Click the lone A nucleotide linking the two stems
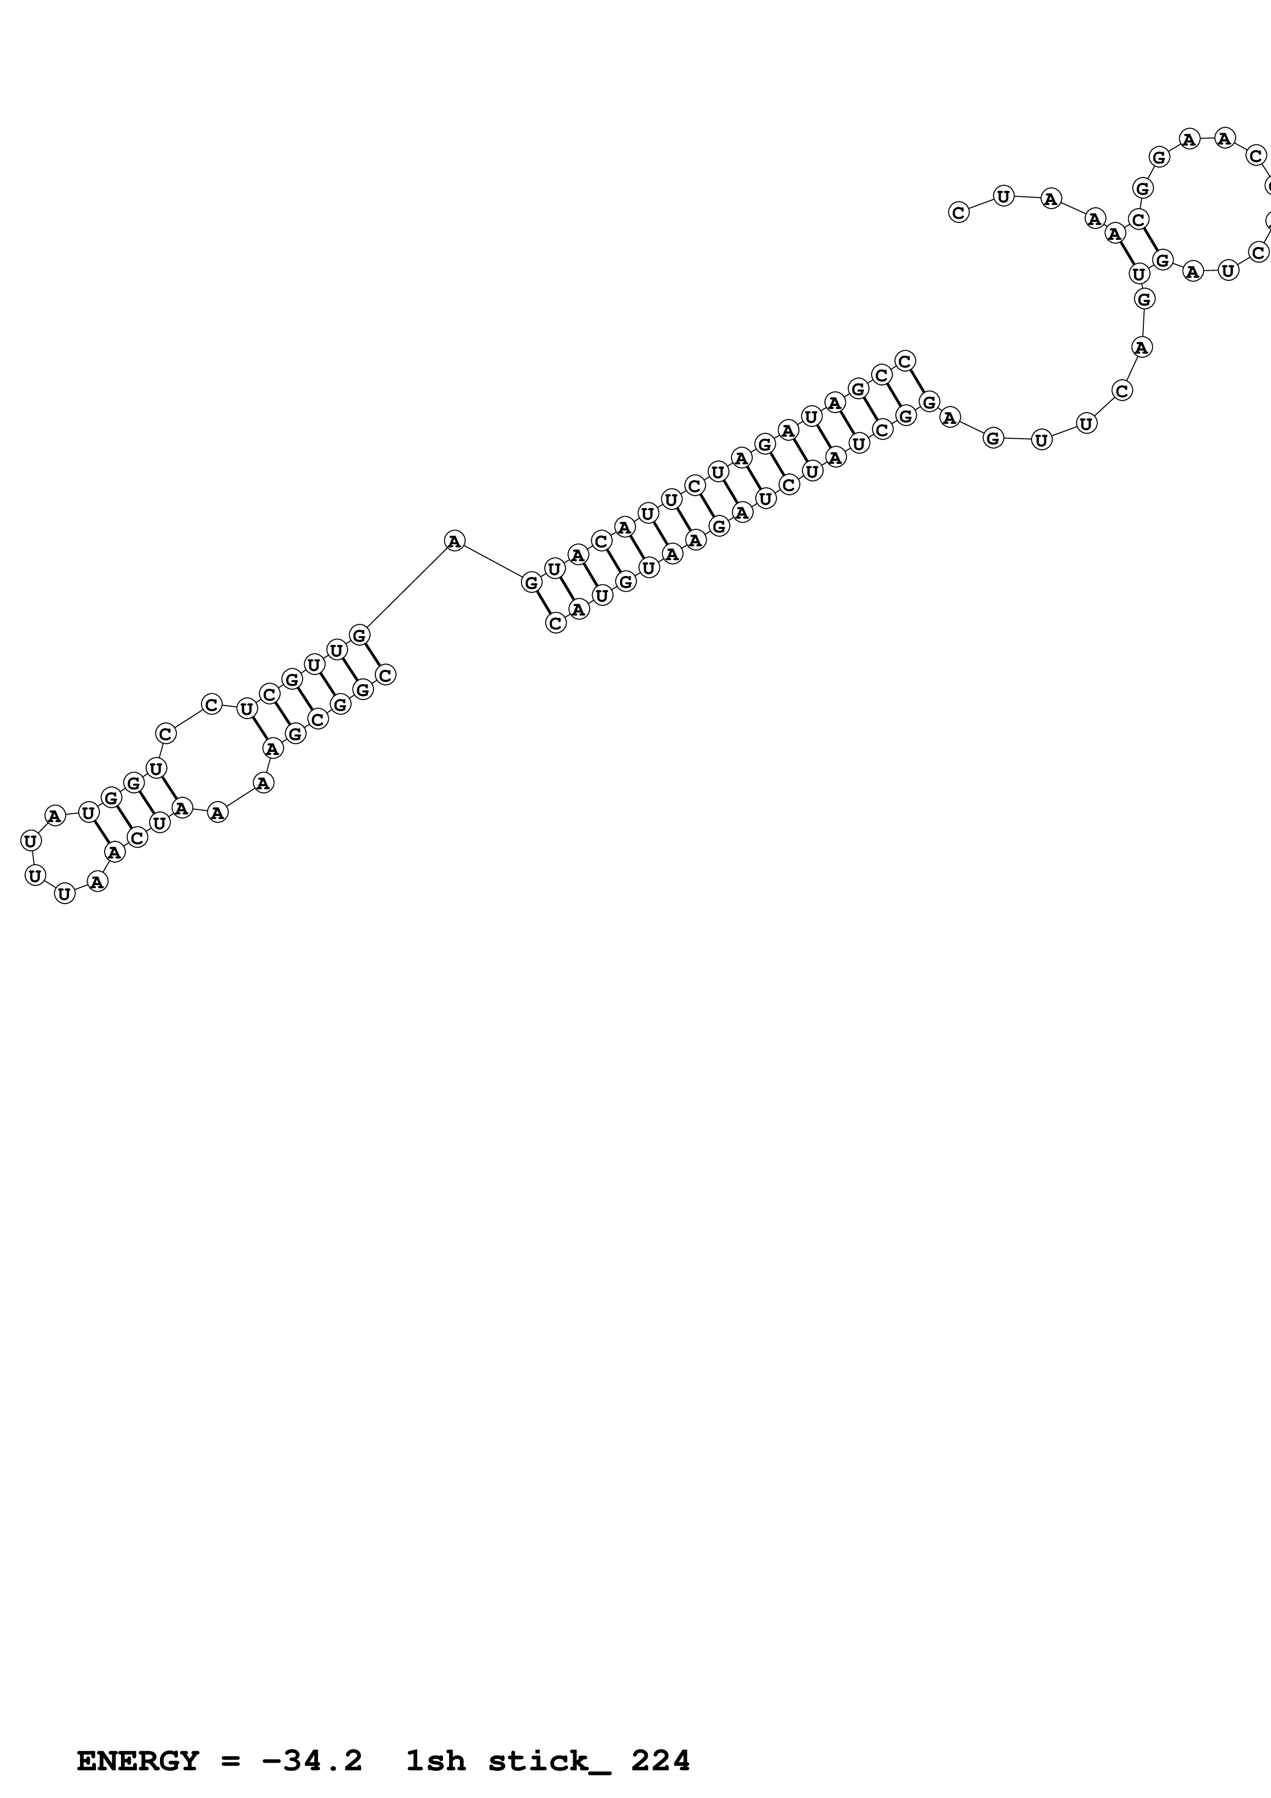click(454, 540)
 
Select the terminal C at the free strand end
click(959, 212)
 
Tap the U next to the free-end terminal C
click(1003, 196)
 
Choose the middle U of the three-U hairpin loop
click(34, 875)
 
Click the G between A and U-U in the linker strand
click(993, 438)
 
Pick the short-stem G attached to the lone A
click(359, 635)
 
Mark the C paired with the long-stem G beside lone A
click(555, 623)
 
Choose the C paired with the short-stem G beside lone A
click(385, 675)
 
